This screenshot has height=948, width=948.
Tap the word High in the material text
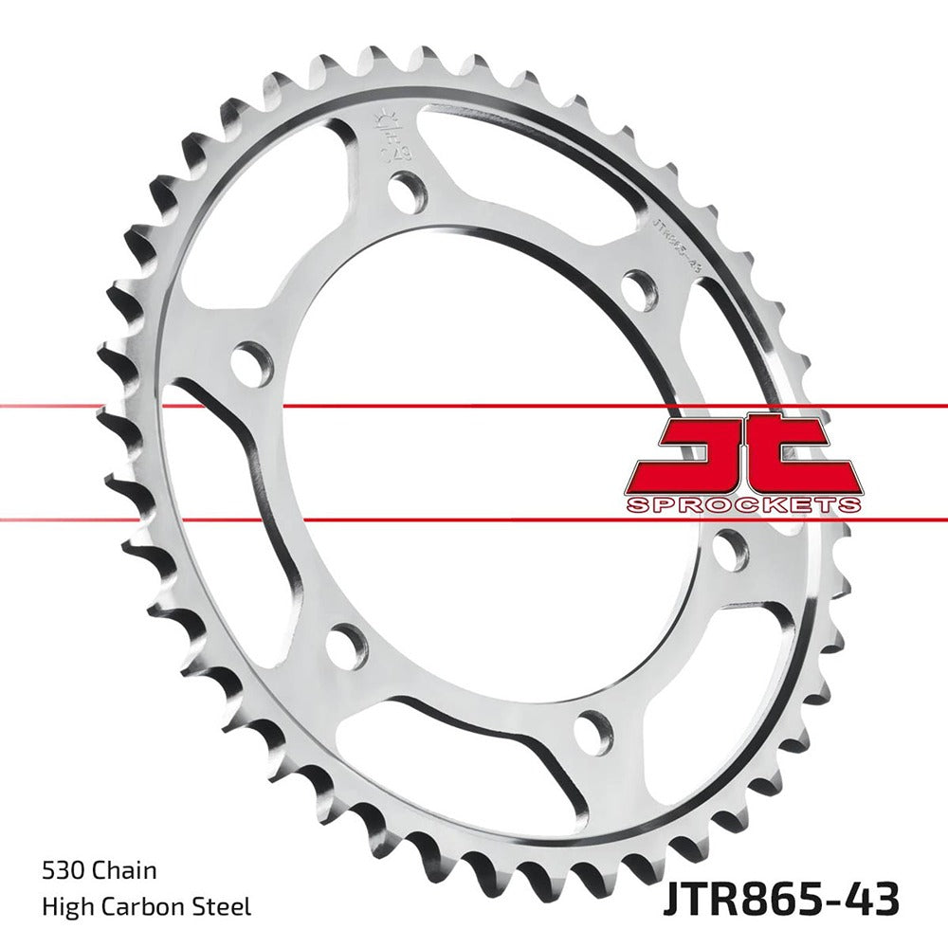coord(66,907)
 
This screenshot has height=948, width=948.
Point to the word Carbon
coord(147,907)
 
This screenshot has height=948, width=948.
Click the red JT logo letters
coord(743,451)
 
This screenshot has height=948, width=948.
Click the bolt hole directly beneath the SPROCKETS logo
coord(731,551)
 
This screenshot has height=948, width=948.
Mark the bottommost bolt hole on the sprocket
coord(593,733)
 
